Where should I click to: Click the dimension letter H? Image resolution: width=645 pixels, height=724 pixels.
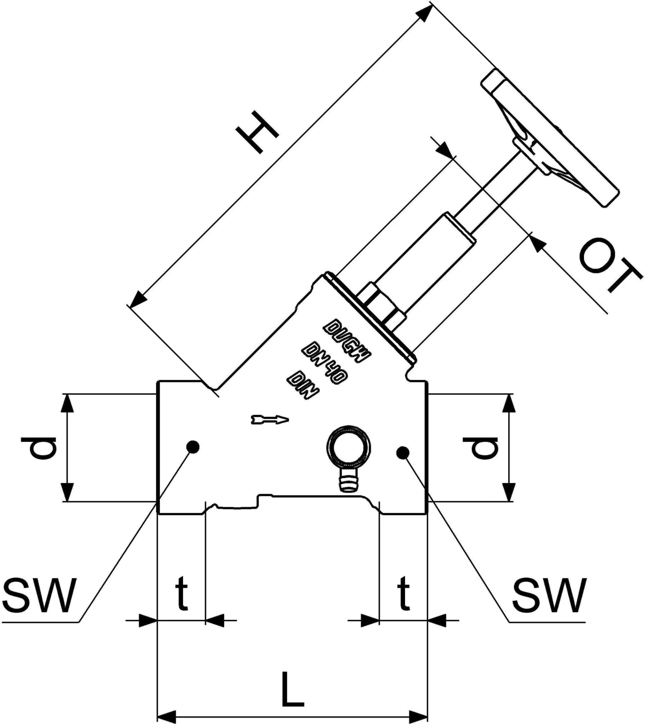click(x=260, y=132)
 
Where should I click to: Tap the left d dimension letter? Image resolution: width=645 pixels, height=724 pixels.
click(x=38, y=447)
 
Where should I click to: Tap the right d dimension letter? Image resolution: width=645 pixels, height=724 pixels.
click(x=481, y=447)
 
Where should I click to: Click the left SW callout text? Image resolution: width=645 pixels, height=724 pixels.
click(x=39, y=596)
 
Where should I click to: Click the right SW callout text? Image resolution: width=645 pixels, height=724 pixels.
click(x=549, y=596)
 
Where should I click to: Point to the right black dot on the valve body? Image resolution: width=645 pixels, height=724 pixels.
click(x=402, y=452)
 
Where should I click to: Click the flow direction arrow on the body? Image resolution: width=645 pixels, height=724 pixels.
click(x=270, y=419)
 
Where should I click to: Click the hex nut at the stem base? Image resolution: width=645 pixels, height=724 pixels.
click(x=381, y=306)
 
